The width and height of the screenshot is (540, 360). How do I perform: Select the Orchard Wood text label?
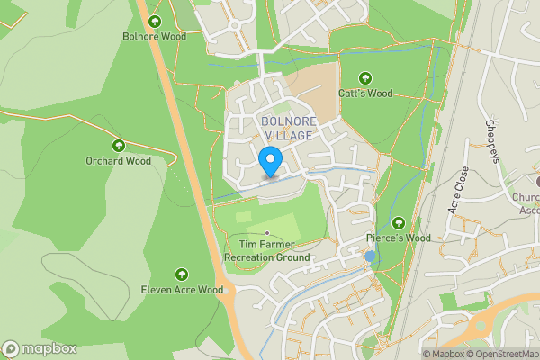click(x=118, y=161)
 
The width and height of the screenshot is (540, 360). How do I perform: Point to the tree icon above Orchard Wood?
click(x=118, y=145)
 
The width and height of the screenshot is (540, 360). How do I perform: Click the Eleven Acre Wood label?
click(x=182, y=290)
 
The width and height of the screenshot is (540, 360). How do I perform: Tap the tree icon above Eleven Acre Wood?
click(x=182, y=274)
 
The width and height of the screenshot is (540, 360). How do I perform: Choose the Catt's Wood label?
click(x=365, y=93)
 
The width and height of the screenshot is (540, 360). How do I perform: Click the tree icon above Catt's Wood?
click(x=365, y=77)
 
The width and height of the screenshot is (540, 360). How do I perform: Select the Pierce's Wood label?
click(x=398, y=238)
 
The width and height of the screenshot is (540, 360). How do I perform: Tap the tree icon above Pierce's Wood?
click(x=398, y=222)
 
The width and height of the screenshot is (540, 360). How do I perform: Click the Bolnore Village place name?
click(x=287, y=128)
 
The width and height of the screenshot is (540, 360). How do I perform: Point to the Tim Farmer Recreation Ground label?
click(x=266, y=250)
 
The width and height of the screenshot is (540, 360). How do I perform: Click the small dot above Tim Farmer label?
click(x=267, y=233)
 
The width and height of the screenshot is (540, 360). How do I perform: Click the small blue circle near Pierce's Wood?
click(x=370, y=256)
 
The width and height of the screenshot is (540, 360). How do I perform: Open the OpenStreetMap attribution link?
click(x=505, y=354)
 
